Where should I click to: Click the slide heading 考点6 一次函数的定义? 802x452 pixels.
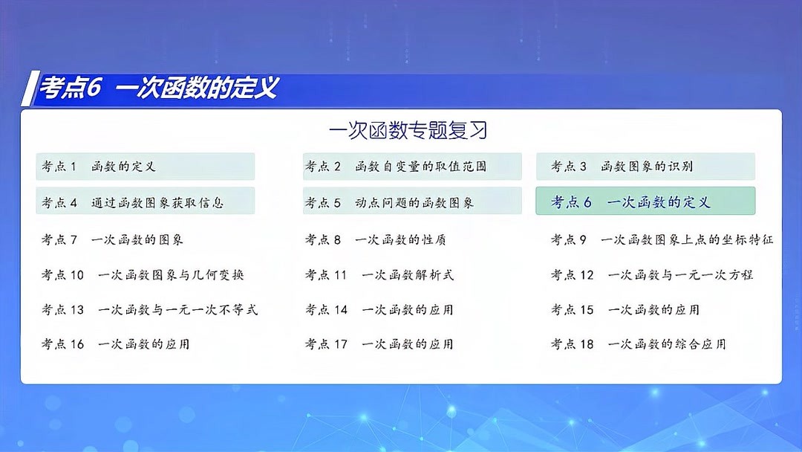(x=159, y=88)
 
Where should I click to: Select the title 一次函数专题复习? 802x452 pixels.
(x=408, y=131)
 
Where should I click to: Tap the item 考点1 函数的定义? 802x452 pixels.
(x=145, y=167)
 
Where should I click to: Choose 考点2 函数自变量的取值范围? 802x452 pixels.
(x=412, y=167)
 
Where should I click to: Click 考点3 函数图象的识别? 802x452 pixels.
(x=645, y=167)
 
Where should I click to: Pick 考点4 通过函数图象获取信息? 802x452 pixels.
(x=145, y=201)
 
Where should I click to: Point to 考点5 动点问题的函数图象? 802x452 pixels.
(x=412, y=201)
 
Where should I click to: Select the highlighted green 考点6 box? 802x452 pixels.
(x=645, y=201)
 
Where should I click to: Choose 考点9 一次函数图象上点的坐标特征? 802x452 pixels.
(x=662, y=239)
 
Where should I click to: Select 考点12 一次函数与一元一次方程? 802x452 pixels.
(x=651, y=274)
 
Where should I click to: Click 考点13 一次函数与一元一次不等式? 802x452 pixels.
(x=149, y=309)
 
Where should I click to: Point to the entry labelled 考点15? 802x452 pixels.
(x=625, y=309)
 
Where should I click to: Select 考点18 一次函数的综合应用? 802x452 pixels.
(x=638, y=344)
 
